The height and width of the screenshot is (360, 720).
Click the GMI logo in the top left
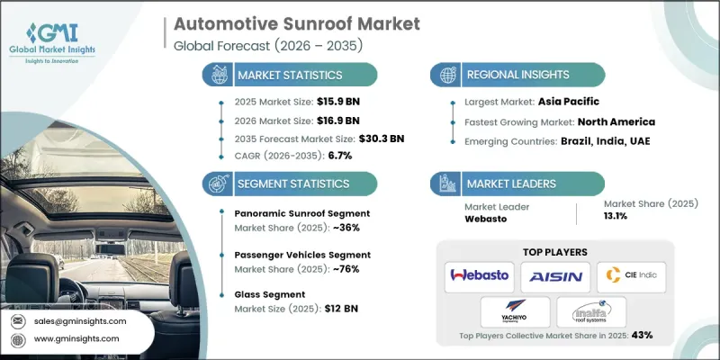click(56, 31)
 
